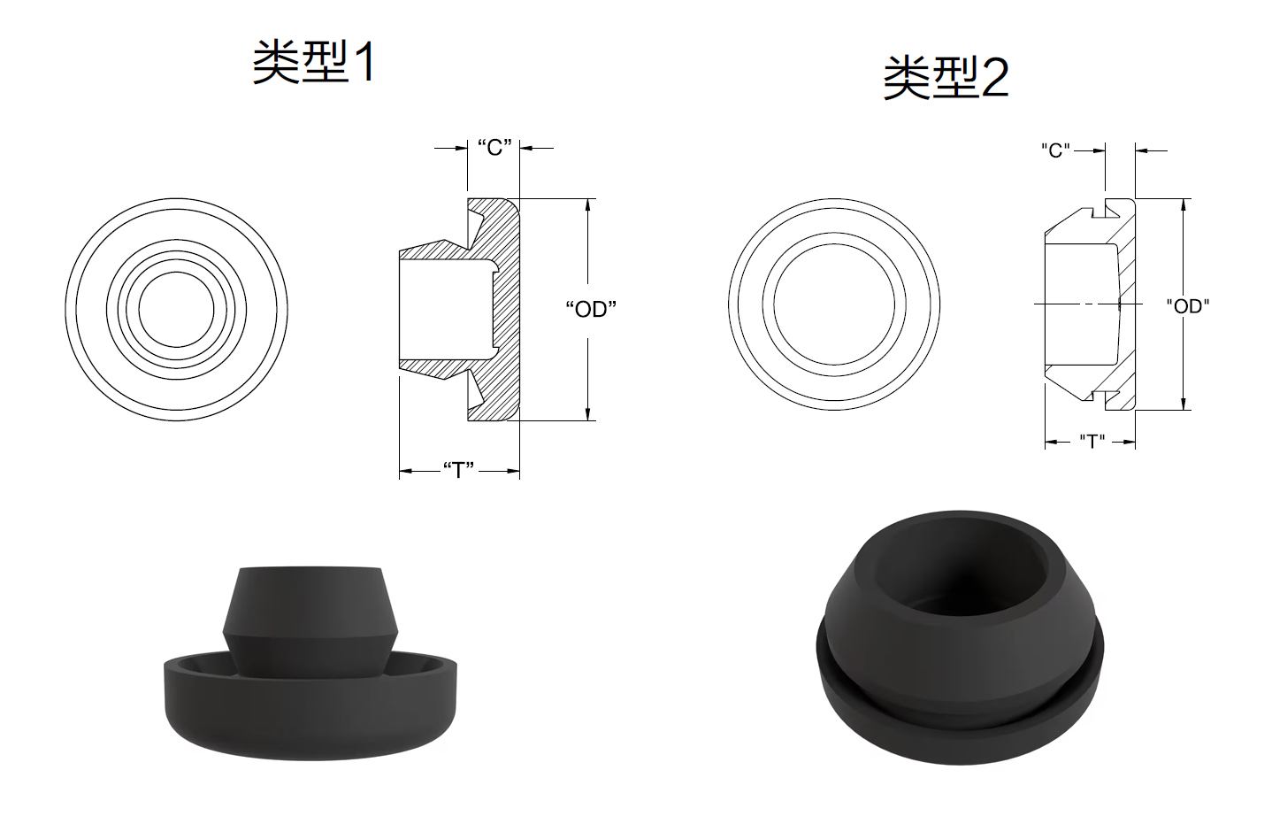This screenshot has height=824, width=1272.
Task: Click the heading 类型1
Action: click(314, 63)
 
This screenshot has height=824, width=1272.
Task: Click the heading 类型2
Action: click(946, 78)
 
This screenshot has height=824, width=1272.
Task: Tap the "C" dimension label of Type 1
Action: click(494, 148)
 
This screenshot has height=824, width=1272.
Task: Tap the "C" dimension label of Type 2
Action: click(1055, 150)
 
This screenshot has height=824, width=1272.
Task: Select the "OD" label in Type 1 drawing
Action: click(591, 309)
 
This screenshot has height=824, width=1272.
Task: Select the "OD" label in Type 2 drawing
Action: click(1188, 306)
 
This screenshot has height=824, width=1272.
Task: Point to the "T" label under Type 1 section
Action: click(458, 471)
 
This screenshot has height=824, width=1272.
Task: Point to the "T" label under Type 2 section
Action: click(1092, 441)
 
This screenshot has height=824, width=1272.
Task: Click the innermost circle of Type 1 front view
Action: click(176, 273)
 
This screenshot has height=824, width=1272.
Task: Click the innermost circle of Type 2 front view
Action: click(834, 245)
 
